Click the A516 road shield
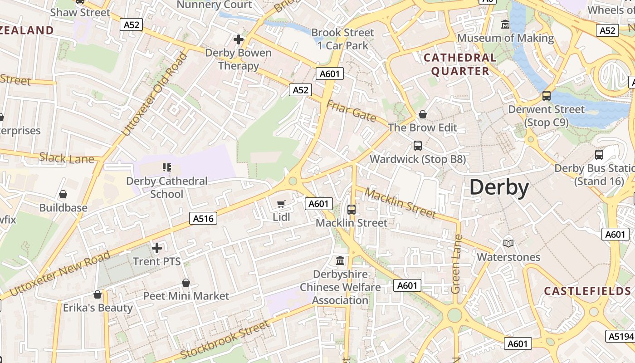[203, 219]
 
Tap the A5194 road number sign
[620, 336]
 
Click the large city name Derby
[499, 187]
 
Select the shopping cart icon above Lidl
[281, 204]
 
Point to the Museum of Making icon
[505, 25]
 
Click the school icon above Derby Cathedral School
[166, 167]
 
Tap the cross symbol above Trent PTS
[157, 248]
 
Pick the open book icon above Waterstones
[508, 244]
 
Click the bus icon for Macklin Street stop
[352, 210]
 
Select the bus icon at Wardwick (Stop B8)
[418, 146]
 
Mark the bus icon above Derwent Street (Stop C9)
[547, 96]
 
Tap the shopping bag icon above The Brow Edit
[423, 114]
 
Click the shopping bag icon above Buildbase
[63, 194]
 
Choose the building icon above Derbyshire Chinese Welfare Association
[340, 261]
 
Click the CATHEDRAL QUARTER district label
[460, 64]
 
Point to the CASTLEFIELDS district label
[587, 291]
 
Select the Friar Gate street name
[351, 111]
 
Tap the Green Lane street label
[456, 264]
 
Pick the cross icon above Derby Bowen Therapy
[239, 39]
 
